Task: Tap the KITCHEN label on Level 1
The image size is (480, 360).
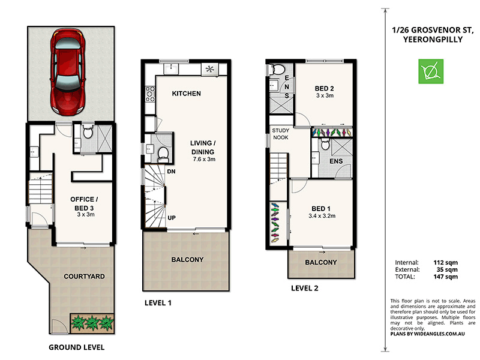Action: [x=186, y=94]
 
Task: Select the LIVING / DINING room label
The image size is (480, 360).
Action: [x=202, y=147]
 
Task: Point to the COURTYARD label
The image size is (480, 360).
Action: [x=85, y=277]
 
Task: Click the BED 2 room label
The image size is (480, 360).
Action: [x=324, y=89]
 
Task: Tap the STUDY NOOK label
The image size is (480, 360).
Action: [x=280, y=134]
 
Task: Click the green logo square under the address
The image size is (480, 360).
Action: [x=431, y=72]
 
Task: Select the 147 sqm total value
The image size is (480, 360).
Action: [x=445, y=277]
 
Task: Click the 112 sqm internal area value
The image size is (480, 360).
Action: [x=445, y=263]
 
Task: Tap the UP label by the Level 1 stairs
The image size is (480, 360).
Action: [x=172, y=217]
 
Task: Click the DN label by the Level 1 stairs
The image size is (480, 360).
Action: [x=172, y=172]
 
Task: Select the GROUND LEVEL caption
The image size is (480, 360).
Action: [x=76, y=347]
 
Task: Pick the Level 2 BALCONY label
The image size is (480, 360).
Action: [x=321, y=263]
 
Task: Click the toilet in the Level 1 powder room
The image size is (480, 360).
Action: [x=161, y=154]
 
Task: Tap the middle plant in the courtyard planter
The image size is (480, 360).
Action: [x=92, y=323]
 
